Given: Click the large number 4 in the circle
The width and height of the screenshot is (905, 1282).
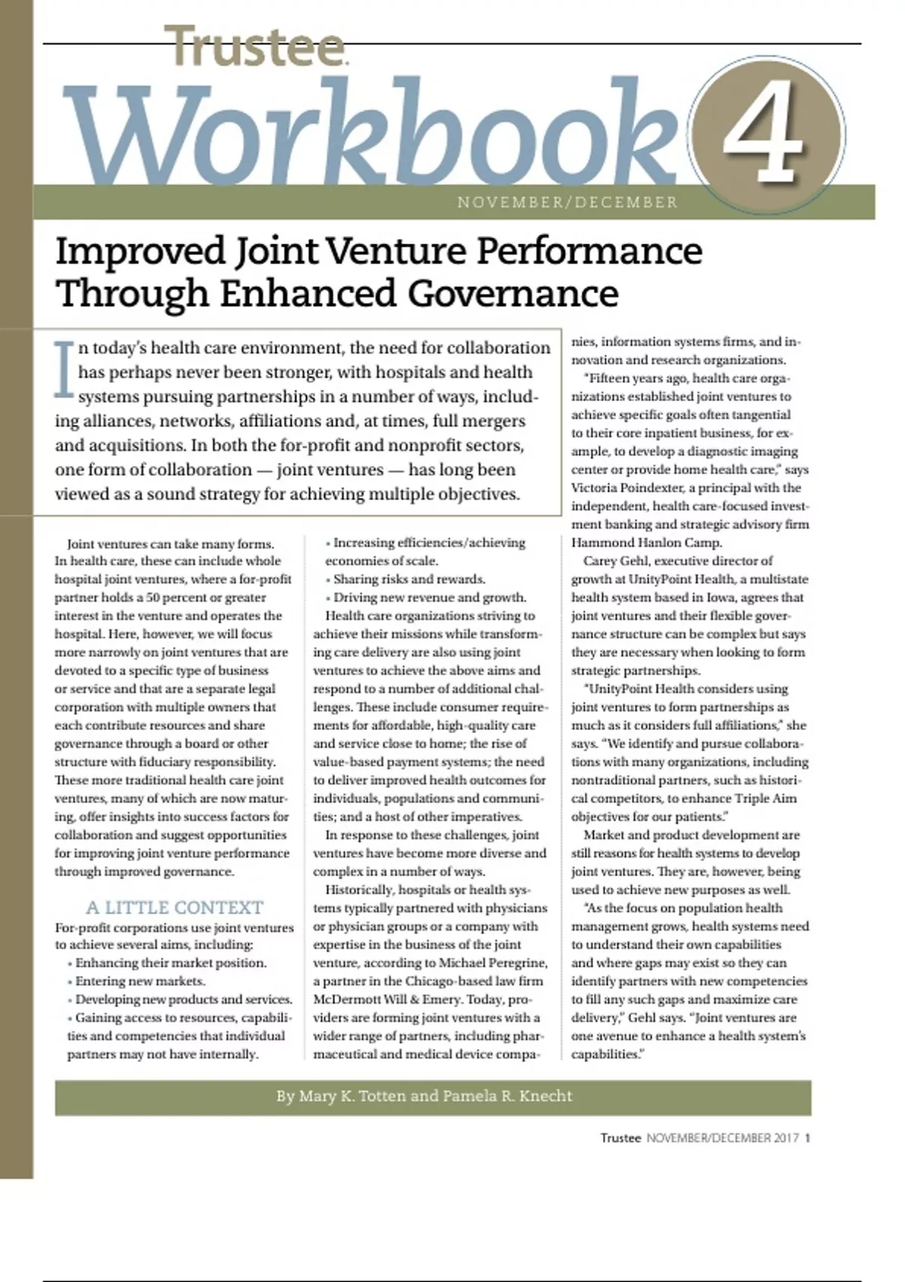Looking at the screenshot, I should pyautogui.click(x=764, y=136).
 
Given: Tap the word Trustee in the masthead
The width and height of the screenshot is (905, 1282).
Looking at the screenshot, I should pyautogui.click(x=255, y=47).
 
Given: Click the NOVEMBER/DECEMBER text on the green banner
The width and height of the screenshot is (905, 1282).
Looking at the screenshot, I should pyautogui.click(x=567, y=202).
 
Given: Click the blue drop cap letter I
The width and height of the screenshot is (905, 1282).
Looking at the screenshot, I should pyautogui.click(x=65, y=369).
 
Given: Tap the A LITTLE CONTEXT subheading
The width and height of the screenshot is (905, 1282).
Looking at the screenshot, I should pyautogui.click(x=174, y=907).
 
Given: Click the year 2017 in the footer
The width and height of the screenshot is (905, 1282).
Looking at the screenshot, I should pyautogui.click(x=785, y=1138).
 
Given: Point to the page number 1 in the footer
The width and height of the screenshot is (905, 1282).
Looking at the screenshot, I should pyautogui.click(x=808, y=1138).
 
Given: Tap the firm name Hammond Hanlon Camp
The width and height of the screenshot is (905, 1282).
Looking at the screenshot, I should pyautogui.click(x=646, y=542).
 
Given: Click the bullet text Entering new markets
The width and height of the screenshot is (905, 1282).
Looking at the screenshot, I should pyautogui.click(x=140, y=981).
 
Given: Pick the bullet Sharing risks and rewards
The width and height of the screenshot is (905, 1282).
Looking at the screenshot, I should pyautogui.click(x=410, y=579).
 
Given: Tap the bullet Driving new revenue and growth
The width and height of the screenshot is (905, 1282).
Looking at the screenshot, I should pyautogui.click(x=430, y=597).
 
